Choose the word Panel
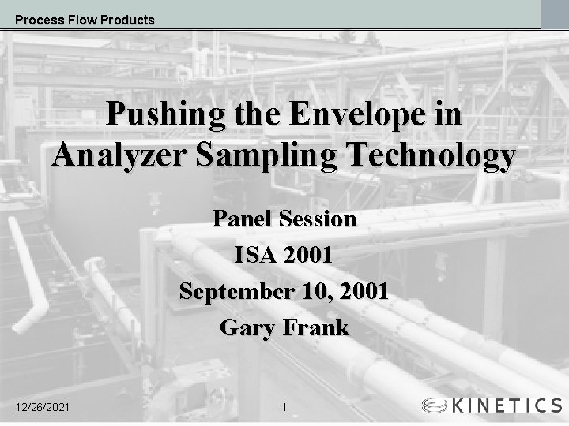point(242,219)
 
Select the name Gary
point(246,327)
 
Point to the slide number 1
point(284,407)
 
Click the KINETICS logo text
point(506,405)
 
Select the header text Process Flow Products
point(85,20)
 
